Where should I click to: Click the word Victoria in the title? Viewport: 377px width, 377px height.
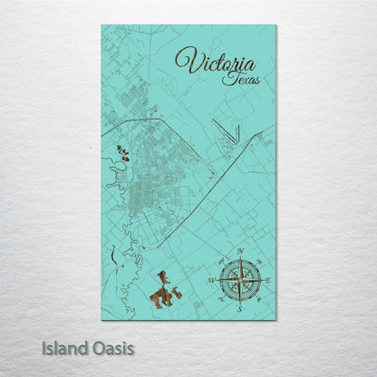pyautogui.click(x=215, y=63)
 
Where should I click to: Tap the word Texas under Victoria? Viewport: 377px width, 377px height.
pyautogui.click(x=240, y=79)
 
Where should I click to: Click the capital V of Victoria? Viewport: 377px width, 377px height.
pyautogui.click(x=185, y=61)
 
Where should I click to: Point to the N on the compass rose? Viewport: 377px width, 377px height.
pyautogui.click(x=240, y=251)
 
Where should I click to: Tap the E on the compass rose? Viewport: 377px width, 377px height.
pyautogui.click(x=268, y=281)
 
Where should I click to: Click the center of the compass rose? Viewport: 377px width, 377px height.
pyautogui.click(x=240, y=280)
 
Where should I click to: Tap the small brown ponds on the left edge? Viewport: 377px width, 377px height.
pyautogui.click(x=121, y=155)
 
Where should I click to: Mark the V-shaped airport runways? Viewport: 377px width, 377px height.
pyautogui.click(x=227, y=132)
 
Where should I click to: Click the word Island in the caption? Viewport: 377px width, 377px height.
pyautogui.click(x=65, y=347)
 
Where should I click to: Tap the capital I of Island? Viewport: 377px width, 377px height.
pyautogui.click(x=44, y=347)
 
